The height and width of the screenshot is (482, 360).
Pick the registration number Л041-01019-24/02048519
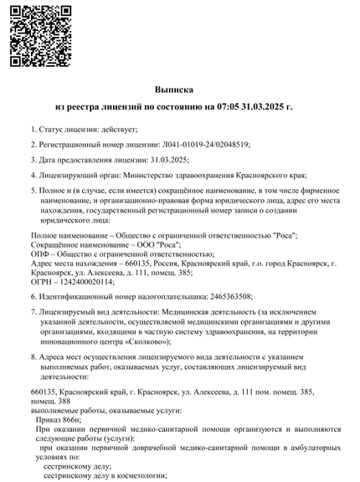(x=203, y=144)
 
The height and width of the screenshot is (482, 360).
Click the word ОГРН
(x=41, y=282)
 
